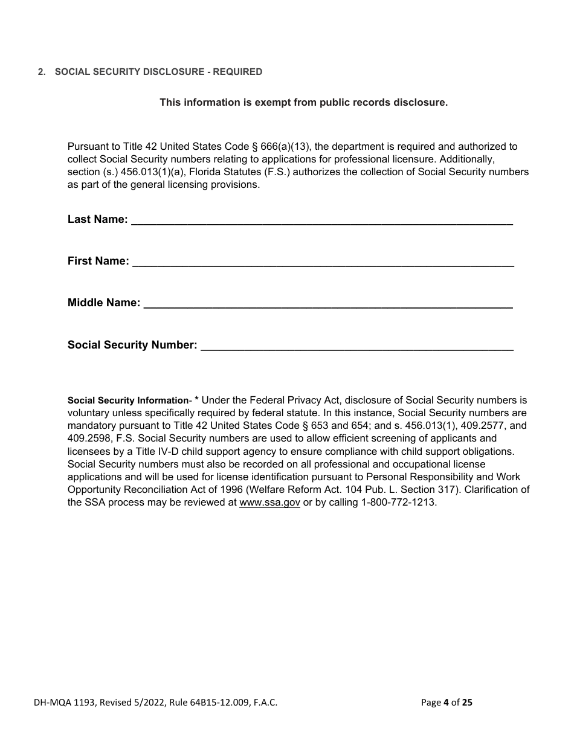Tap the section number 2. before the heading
point(41,72)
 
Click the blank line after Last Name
point(321,221)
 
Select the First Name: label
point(98,261)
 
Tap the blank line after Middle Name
point(328,304)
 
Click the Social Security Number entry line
point(356,346)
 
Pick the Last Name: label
point(97,219)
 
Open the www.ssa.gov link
point(269,503)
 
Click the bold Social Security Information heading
point(128,400)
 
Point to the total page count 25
point(467,703)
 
